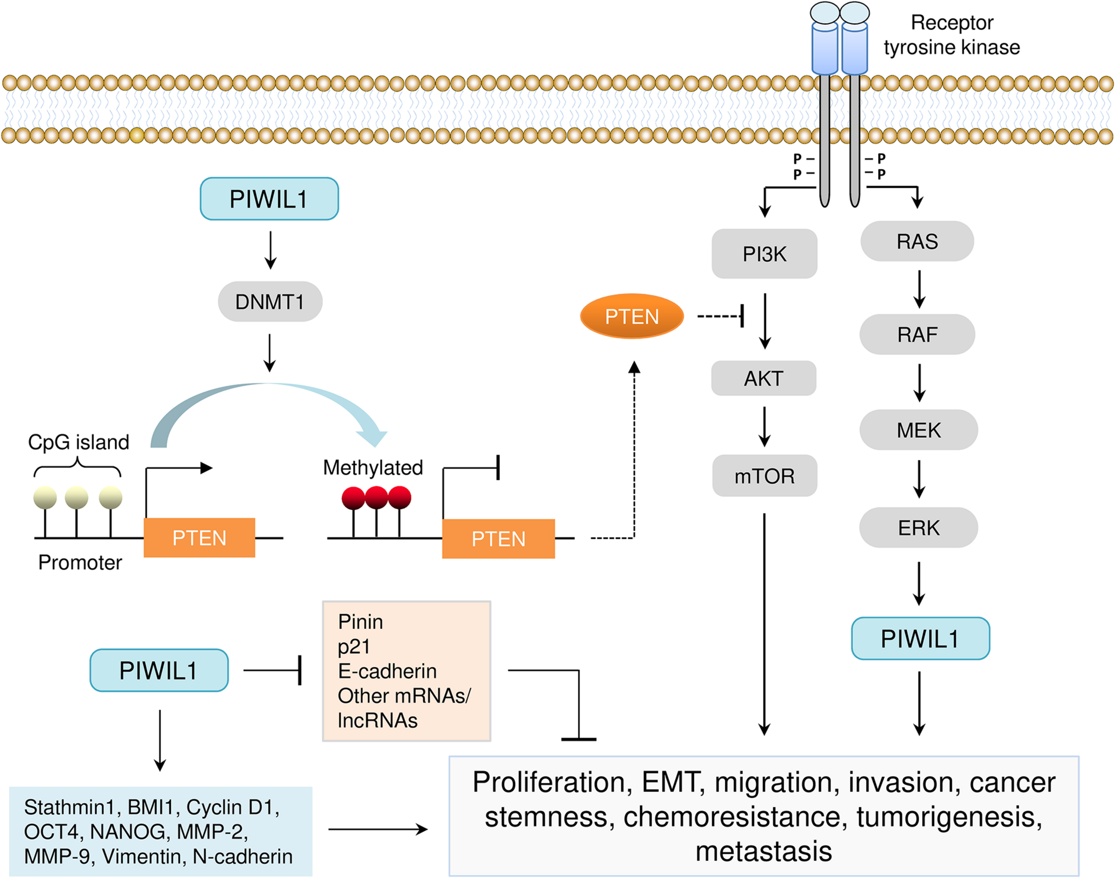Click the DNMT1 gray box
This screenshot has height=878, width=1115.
pyautogui.click(x=270, y=302)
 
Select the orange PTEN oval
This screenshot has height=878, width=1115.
pyautogui.click(x=632, y=316)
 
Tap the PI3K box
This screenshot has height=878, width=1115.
pyautogui.click(x=764, y=254)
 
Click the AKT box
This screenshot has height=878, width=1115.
pyautogui.click(x=764, y=378)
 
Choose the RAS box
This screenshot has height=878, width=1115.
pyautogui.click(x=917, y=242)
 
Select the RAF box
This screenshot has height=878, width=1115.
pyautogui.click(x=917, y=334)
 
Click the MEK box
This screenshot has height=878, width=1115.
pyautogui.click(x=919, y=430)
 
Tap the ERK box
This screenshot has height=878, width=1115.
pyautogui.click(x=919, y=528)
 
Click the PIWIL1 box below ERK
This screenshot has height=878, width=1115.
pyautogui.click(x=920, y=639)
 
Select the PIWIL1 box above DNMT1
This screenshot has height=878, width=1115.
pyautogui.click(x=269, y=199)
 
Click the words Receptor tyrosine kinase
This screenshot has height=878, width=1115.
pyautogui.click(x=951, y=35)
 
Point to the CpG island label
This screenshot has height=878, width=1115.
pyautogui.click(x=78, y=442)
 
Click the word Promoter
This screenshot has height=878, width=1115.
pyautogui.click(x=80, y=562)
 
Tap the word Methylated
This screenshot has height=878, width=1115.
pyautogui.click(x=373, y=468)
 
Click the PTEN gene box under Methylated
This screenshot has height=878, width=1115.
pyautogui.click(x=498, y=539)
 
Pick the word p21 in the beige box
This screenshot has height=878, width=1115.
pyautogui.click(x=354, y=647)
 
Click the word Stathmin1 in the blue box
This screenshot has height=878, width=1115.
pyautogui.click(x=68, y=807)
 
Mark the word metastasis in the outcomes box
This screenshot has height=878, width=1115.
pyautogui.click(x=764, y=851)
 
